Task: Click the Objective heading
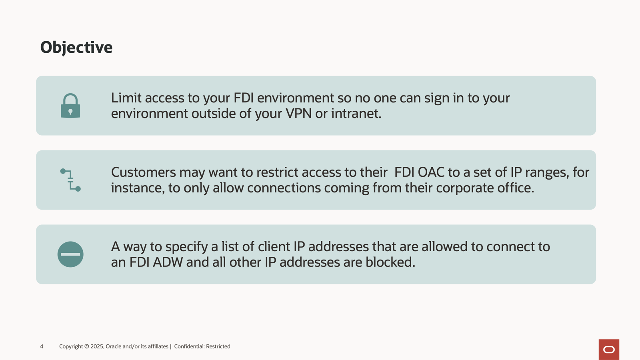click(x=76, y=48)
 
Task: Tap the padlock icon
click(x=70, y=106)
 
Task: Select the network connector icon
click(x=70, y=180)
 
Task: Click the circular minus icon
click(x=70, y=254)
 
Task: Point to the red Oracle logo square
click(x=609, y=350)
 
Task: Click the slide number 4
click(x=42, y=346)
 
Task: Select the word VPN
click(x=298, y=114)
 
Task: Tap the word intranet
click(x=356, y=114)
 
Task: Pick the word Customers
click(x=144, y=172)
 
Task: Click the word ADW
click(x=168, y=262)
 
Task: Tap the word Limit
click(x=126, y=98)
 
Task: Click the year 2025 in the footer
click(x=97, y=346)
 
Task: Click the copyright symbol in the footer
click(x=86, y=346)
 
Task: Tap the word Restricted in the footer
click(x=218, y=346)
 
